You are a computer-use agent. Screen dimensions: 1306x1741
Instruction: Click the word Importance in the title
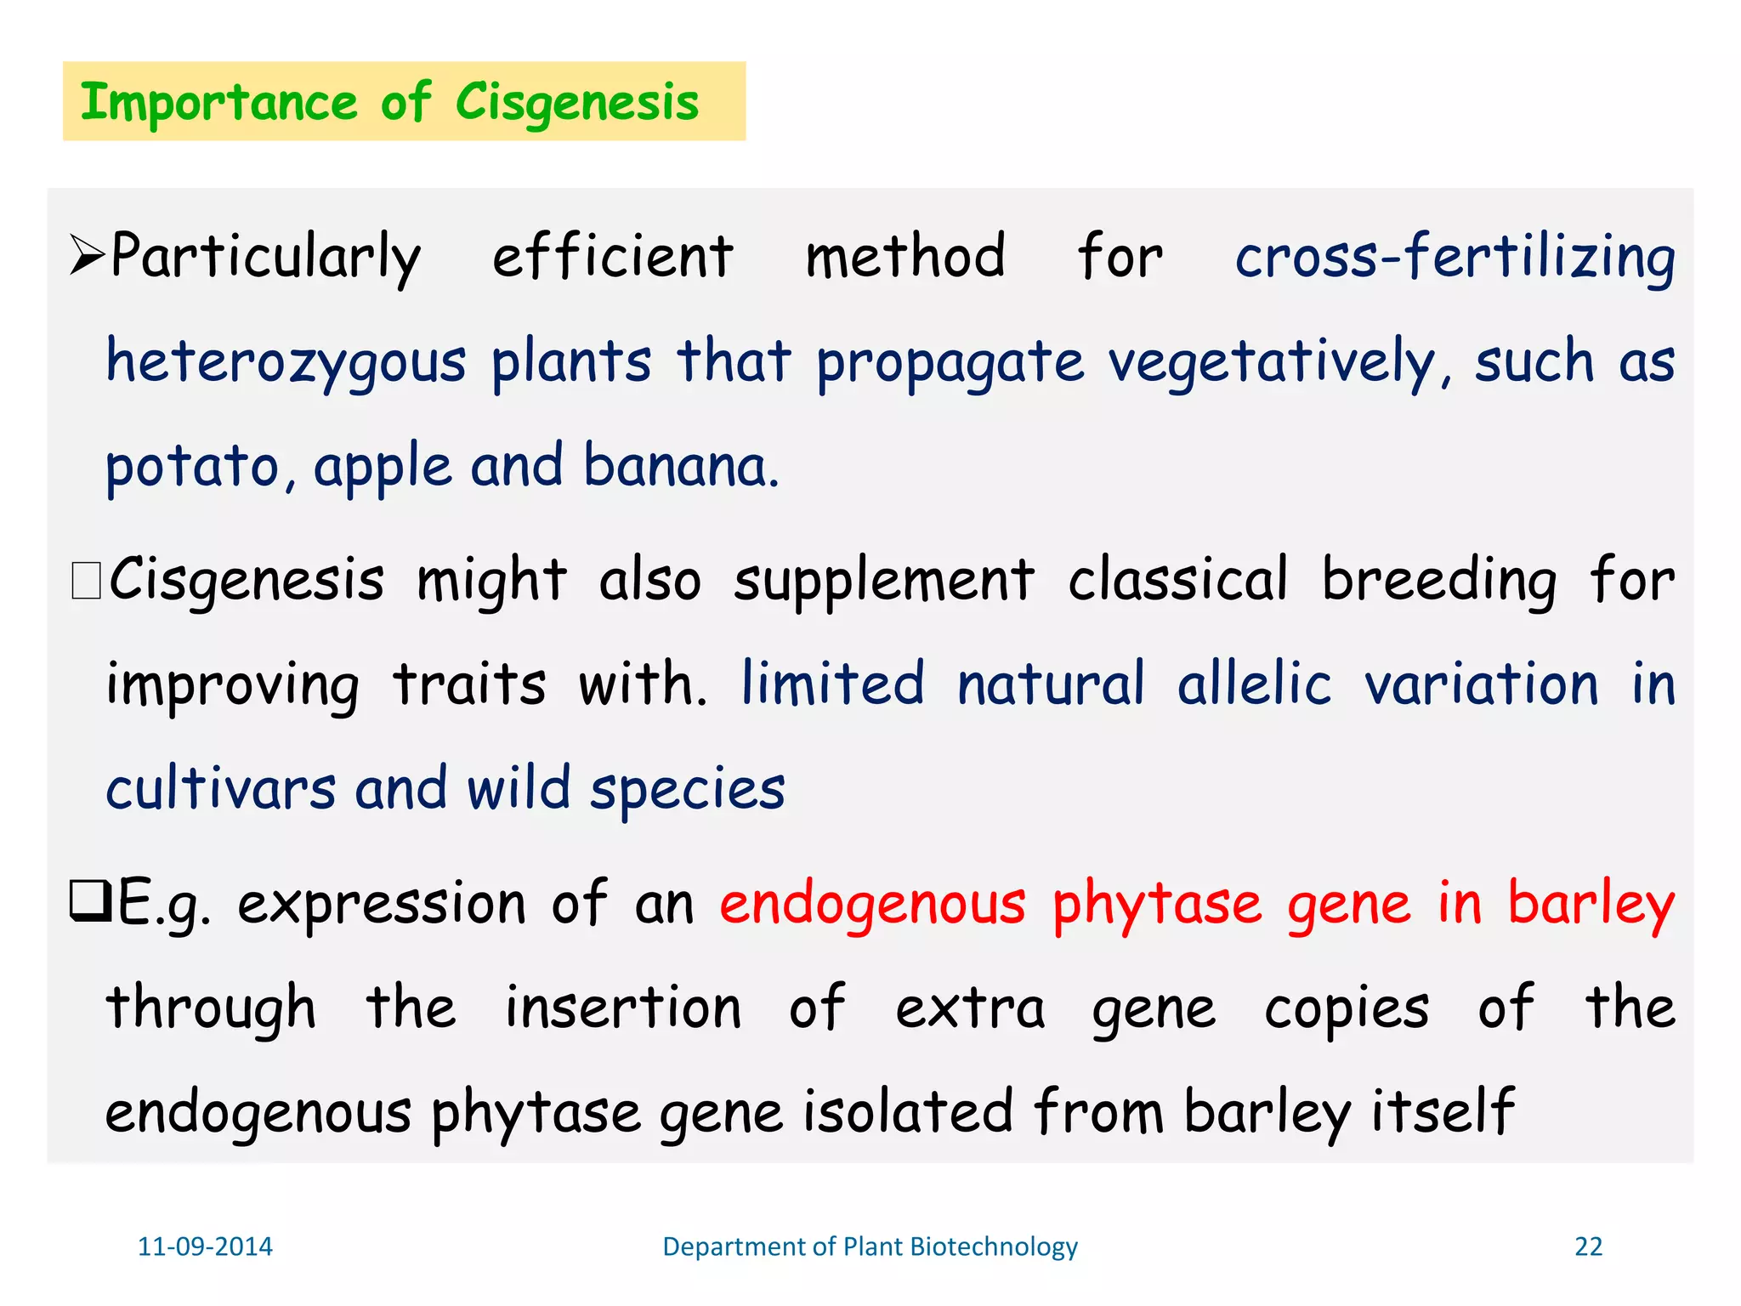218,103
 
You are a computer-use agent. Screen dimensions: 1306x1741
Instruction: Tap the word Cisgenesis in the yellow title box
577,103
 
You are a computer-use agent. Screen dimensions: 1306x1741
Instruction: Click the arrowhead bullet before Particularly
86,256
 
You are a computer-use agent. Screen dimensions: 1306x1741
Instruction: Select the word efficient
612,256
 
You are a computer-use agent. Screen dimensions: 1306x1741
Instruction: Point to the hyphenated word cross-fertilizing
1455,256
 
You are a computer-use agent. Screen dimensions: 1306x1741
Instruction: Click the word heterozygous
286,362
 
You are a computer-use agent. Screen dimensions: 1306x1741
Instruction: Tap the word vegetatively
1272,362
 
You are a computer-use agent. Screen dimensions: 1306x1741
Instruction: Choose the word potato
193,467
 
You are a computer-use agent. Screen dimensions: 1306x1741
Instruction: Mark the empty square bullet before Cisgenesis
87,582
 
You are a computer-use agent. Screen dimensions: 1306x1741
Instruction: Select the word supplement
884,582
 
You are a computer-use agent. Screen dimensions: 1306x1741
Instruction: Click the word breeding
1438,582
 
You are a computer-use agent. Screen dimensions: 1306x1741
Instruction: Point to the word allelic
1253,684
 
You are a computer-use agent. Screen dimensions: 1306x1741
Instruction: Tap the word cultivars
220,788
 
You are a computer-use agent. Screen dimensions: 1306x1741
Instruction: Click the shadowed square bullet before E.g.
89,902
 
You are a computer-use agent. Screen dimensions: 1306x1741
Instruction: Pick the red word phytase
1157,904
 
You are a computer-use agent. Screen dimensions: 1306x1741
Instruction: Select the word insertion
623,1008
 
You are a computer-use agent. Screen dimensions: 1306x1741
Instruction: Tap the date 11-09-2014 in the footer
205,1246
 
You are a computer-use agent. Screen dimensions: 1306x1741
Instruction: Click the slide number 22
1588,1246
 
